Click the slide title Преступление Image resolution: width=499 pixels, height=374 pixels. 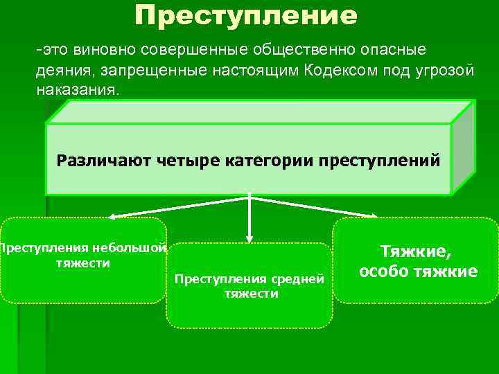coord(246,15)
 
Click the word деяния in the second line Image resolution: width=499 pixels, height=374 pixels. coord(62,71)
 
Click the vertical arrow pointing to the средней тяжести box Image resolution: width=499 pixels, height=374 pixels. coord(249,218)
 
